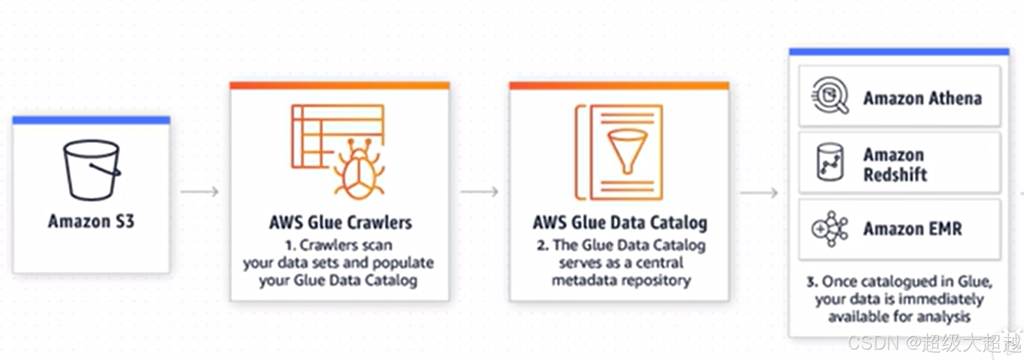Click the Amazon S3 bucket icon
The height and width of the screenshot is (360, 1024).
click(91, 170)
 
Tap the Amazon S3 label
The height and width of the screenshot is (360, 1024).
click(91, 221)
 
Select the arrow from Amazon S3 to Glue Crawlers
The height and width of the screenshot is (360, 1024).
click(200, 192)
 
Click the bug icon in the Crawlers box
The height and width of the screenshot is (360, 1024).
click(359, 168)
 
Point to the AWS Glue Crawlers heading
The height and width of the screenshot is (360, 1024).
click(340, 223)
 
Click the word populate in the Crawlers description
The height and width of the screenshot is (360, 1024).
click(403, 263)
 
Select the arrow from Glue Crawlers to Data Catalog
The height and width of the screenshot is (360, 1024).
click(479, 192)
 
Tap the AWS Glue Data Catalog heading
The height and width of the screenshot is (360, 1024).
click(620, 223)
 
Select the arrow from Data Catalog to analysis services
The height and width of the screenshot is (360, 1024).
click(758, 192)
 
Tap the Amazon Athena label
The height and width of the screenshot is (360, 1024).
click(922, 98)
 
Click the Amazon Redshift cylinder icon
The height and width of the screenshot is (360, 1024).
click(830, 162)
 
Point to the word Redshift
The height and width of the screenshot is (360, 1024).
click(895, 175)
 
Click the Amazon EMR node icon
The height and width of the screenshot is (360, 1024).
click(830, 229)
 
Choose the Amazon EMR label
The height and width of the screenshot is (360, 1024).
click(912, 229)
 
